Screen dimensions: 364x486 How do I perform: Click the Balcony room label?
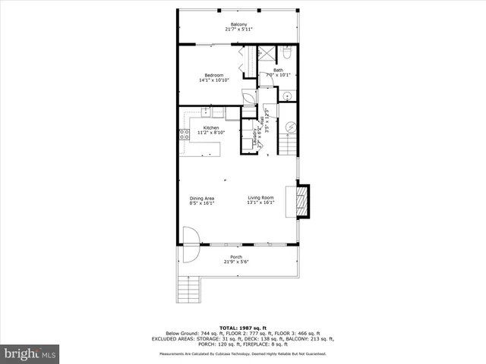238,24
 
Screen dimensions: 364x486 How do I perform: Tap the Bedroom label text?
214,74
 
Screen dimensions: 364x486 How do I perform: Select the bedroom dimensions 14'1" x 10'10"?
214,80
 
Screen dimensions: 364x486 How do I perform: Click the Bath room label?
278,70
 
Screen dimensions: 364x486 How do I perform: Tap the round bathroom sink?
288,96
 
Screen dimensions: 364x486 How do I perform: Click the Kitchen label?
210,127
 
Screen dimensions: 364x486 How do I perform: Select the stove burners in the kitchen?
184,136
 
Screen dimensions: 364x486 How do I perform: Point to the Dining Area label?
202,199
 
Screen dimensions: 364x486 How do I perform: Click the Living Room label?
259,199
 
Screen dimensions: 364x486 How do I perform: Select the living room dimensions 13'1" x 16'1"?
259,203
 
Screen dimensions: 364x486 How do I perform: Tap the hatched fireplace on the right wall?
302,201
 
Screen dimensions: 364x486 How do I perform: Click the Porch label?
237,258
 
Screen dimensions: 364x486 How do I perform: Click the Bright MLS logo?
30,353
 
